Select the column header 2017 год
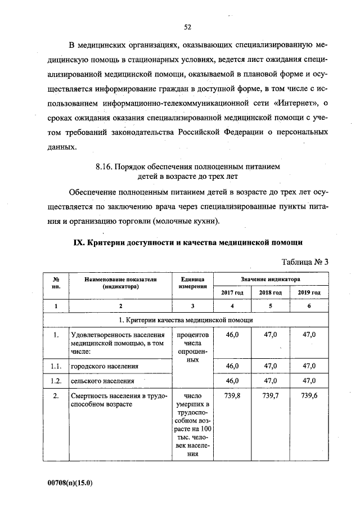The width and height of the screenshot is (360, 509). click(231, 292)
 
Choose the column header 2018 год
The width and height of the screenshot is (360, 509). click(271, 292)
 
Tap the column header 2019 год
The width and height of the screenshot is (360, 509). click(309, 292)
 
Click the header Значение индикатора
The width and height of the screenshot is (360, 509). click(271, 279)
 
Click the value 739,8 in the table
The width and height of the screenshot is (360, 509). click(232, 395)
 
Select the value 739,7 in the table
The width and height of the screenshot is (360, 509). click(271, 395)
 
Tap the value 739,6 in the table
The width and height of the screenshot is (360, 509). click(309, 395)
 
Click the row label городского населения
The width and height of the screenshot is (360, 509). click(104, 366)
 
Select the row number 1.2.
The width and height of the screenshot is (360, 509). click(55, 381)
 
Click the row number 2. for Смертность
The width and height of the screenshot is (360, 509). click(55, 395)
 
